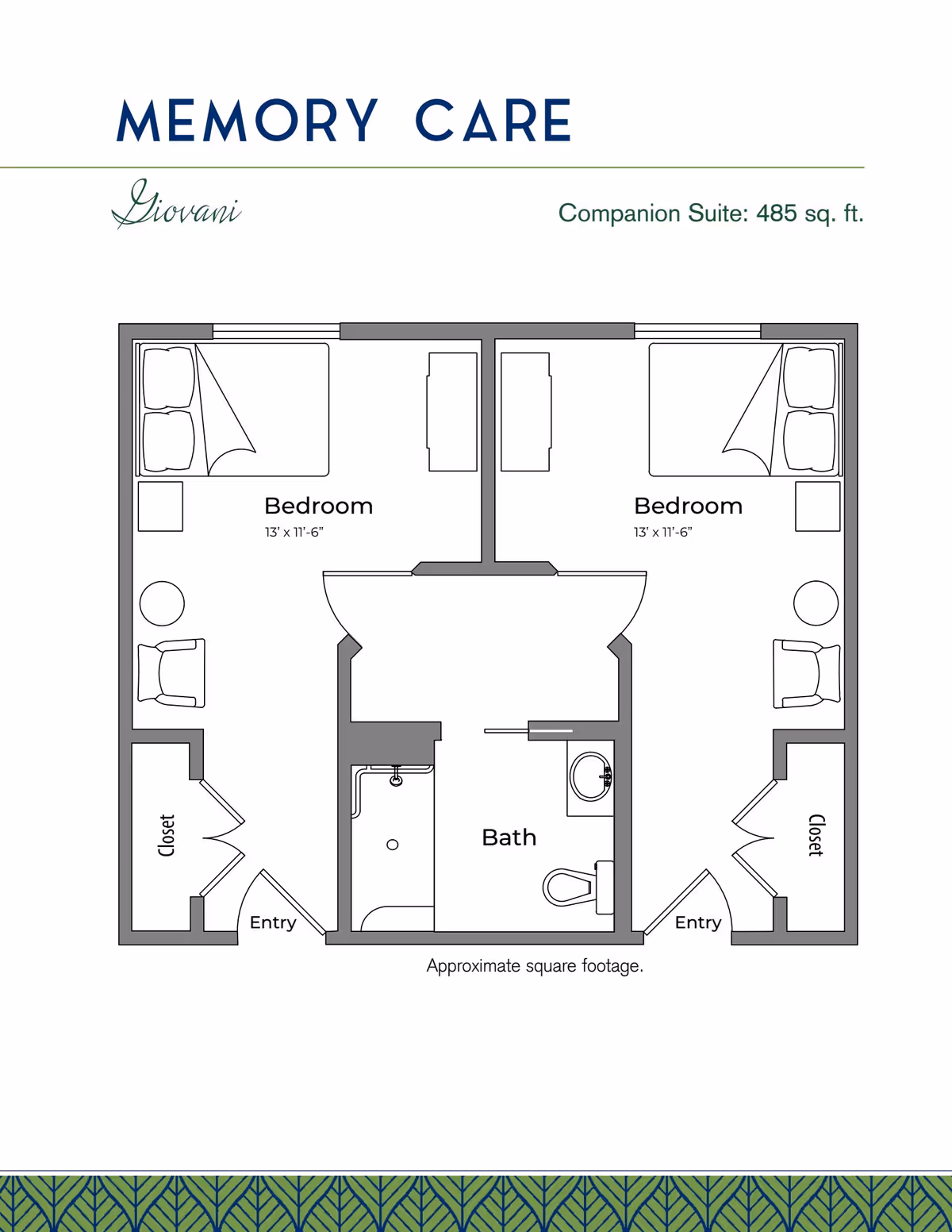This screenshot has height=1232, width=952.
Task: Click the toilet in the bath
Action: click(x=578, y=887)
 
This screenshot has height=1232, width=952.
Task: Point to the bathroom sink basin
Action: click(x=591, y=776)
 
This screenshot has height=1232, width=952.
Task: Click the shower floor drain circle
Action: click(x=393, y=845)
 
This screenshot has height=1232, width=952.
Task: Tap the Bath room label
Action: click(x=509, y=837)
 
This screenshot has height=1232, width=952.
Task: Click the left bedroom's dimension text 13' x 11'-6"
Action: click(x=294, y=533)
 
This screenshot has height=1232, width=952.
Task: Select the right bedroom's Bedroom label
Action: click(x=688, y=506)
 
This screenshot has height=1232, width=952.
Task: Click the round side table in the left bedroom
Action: click(x=162, y=604)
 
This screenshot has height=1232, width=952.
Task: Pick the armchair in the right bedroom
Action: click(x=807, y=673)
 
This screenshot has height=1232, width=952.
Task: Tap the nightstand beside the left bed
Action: click(x=160, y=506)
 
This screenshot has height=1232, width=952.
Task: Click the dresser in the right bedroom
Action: click(x=526, y=412)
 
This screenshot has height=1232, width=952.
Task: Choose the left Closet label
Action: click(x=166, y=835)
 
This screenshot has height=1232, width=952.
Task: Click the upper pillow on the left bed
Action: click(x=169, y=378)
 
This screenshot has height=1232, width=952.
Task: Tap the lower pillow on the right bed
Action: click(x=809, y=441)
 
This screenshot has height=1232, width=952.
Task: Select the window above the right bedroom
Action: click(x=697, y=331)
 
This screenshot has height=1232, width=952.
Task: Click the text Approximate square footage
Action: click(x=535, y=966)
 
